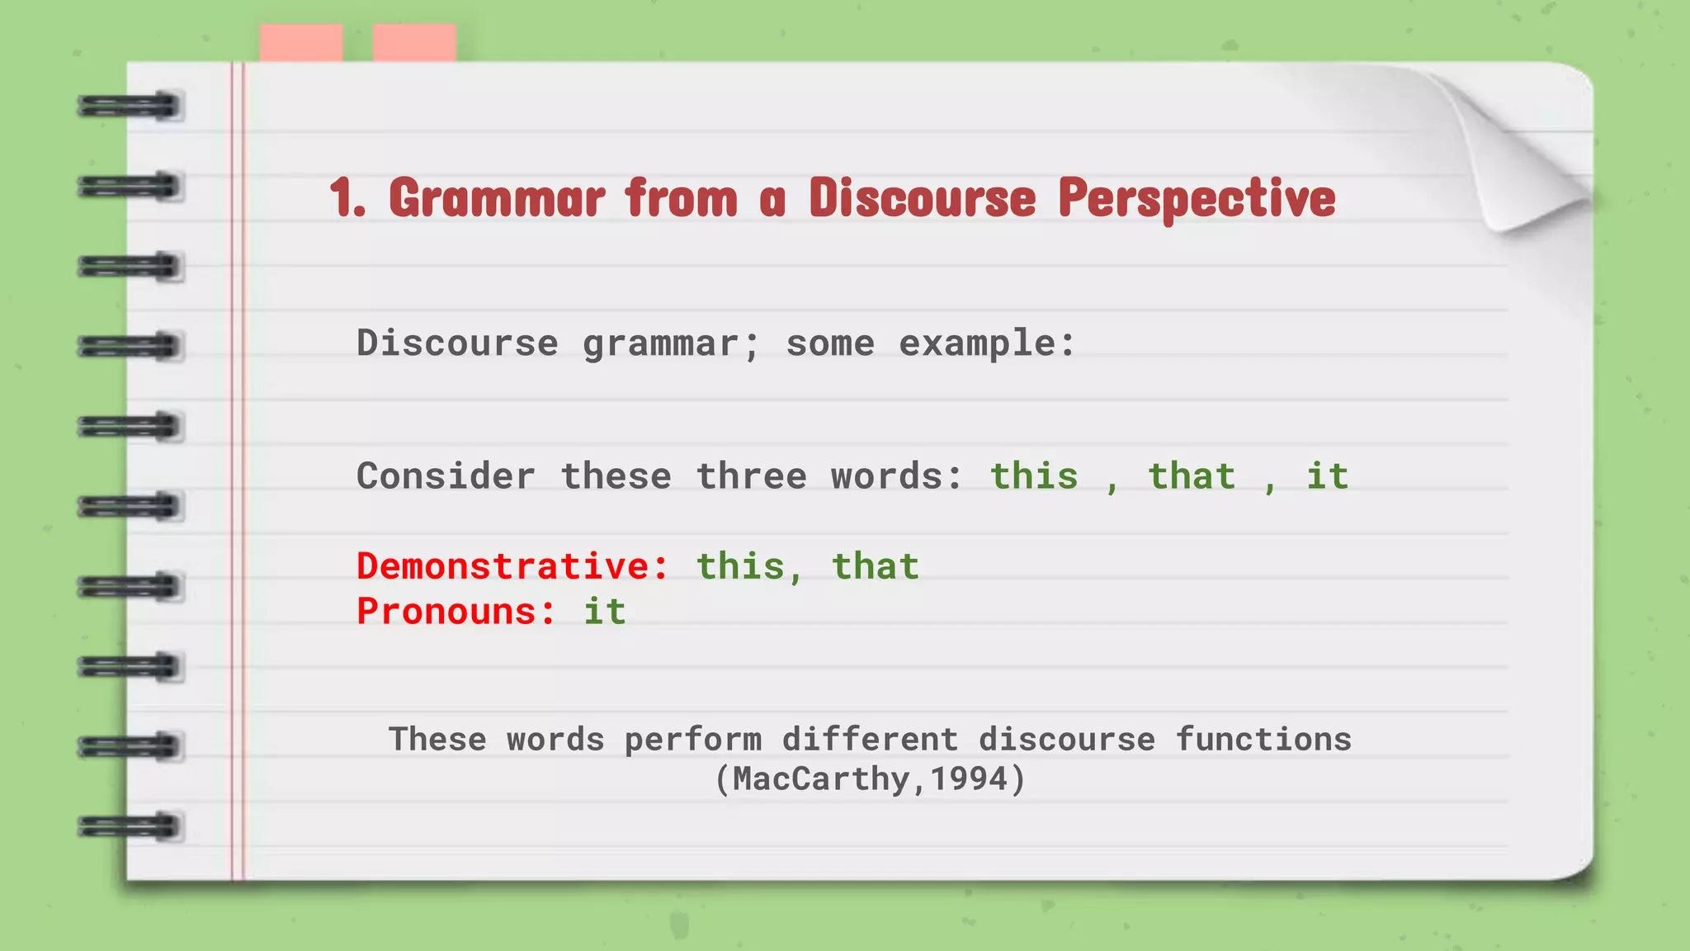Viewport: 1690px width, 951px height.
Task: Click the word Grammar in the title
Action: pos(497,199)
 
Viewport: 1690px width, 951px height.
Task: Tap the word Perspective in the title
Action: pos(1197,199)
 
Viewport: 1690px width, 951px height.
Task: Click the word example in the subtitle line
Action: pos(987,343)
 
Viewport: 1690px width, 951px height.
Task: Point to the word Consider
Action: pos(446,476)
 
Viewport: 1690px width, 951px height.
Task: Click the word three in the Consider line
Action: pos(751,476)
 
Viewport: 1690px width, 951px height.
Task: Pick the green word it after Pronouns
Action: pos(604,612)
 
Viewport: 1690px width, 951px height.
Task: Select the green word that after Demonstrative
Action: pos(875,566)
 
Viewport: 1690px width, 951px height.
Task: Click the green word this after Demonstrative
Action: pos(740,566)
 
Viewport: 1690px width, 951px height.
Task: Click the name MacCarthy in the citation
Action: pos(822,778)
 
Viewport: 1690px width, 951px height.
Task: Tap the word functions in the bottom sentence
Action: pos(1263,739)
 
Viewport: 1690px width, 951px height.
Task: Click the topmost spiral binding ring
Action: pos(130,106)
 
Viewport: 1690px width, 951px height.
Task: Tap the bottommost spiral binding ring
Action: pos(130,826)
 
